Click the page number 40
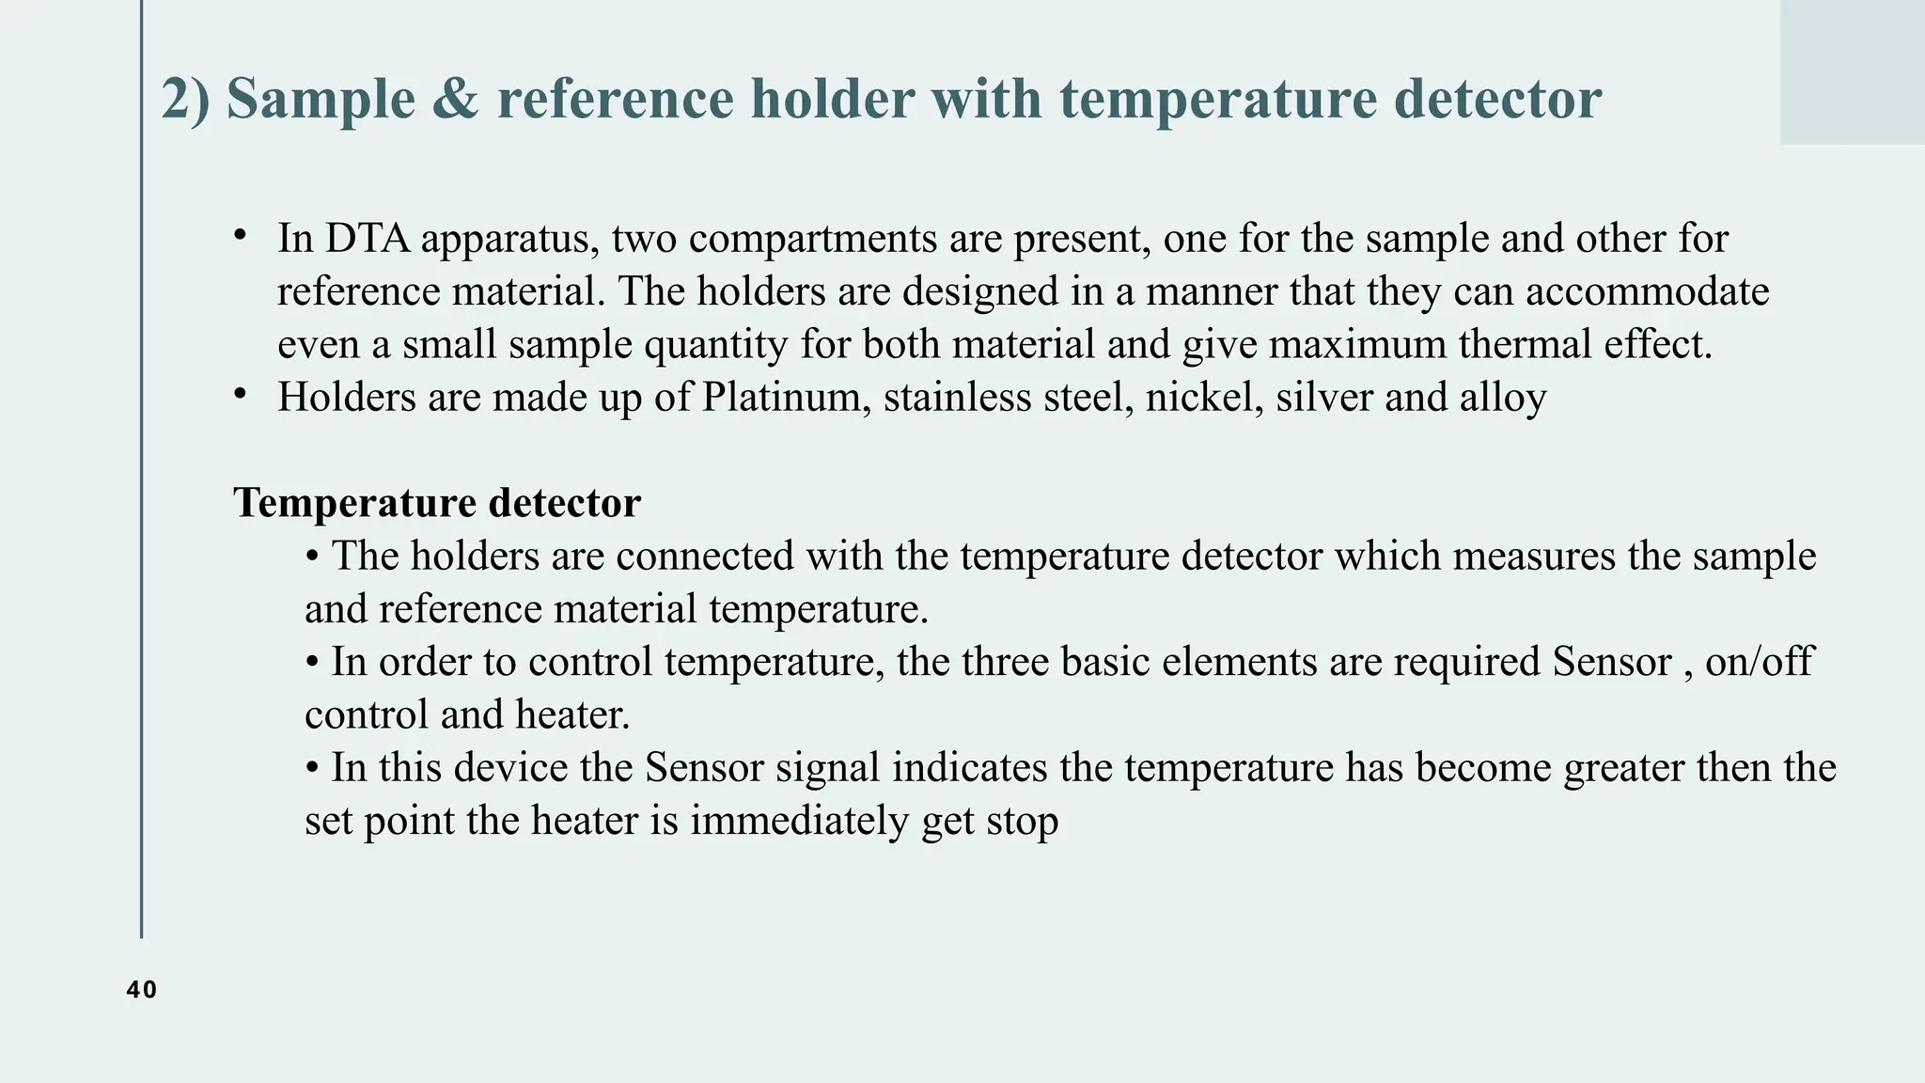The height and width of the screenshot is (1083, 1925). pyautogui.click(x=141, y=990)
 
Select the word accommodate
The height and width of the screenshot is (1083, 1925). pyautogui.click(x=1647, y=291)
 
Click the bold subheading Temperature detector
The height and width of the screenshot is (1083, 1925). pyautogui.click(x=437, y=503)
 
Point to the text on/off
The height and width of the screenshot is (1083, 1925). pyautogui.click(x=1759, y=662)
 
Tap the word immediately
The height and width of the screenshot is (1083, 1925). pyautogui.click(x=800, y=821)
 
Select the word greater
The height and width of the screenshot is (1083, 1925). pyautogui.click(x=1624, y=768)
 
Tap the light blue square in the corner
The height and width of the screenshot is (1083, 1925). pyautogui.click(x=1852, y=71)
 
